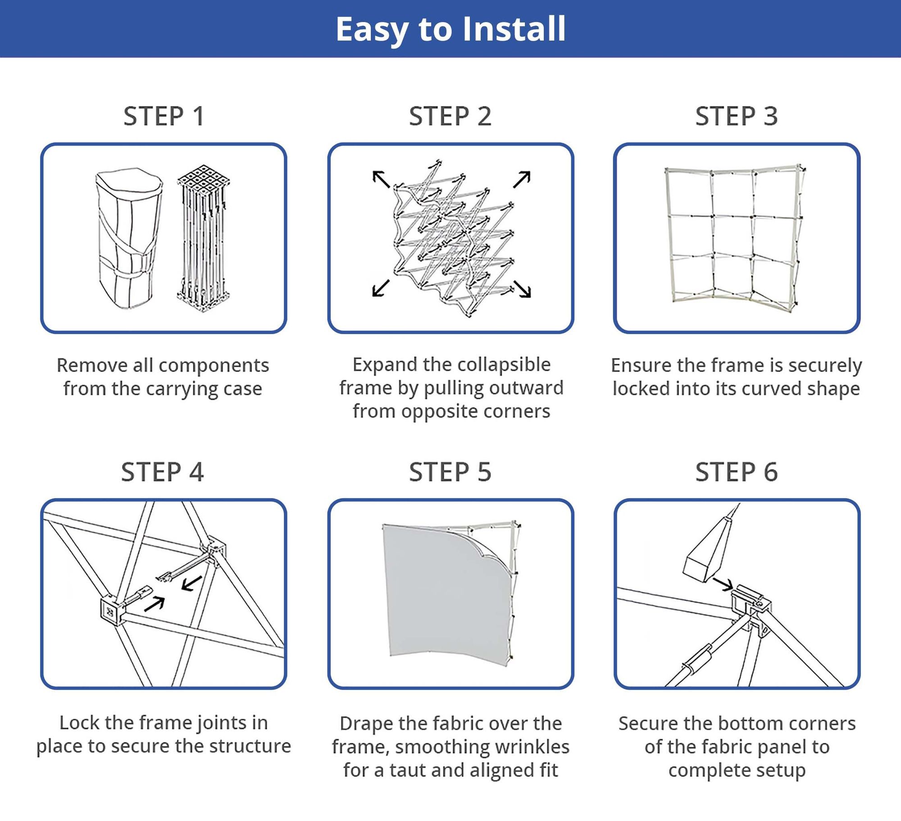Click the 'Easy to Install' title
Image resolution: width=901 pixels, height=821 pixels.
[450, 29]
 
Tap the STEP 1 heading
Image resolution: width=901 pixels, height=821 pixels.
[164, 116]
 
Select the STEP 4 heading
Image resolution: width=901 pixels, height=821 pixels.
[163, 472]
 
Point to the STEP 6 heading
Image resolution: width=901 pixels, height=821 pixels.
[737, 472]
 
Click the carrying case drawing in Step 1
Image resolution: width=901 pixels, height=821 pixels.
[128, 239]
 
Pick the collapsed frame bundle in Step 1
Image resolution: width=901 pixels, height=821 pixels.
[204, 239]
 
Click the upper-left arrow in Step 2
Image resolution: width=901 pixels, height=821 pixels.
[381, 179]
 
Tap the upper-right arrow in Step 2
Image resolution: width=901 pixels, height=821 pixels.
[522, 179]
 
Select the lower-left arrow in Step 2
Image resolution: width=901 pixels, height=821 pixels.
[381, 288]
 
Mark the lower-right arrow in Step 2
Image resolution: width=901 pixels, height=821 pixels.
[523, 289]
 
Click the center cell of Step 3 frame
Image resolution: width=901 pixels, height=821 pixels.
[732, 237]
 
